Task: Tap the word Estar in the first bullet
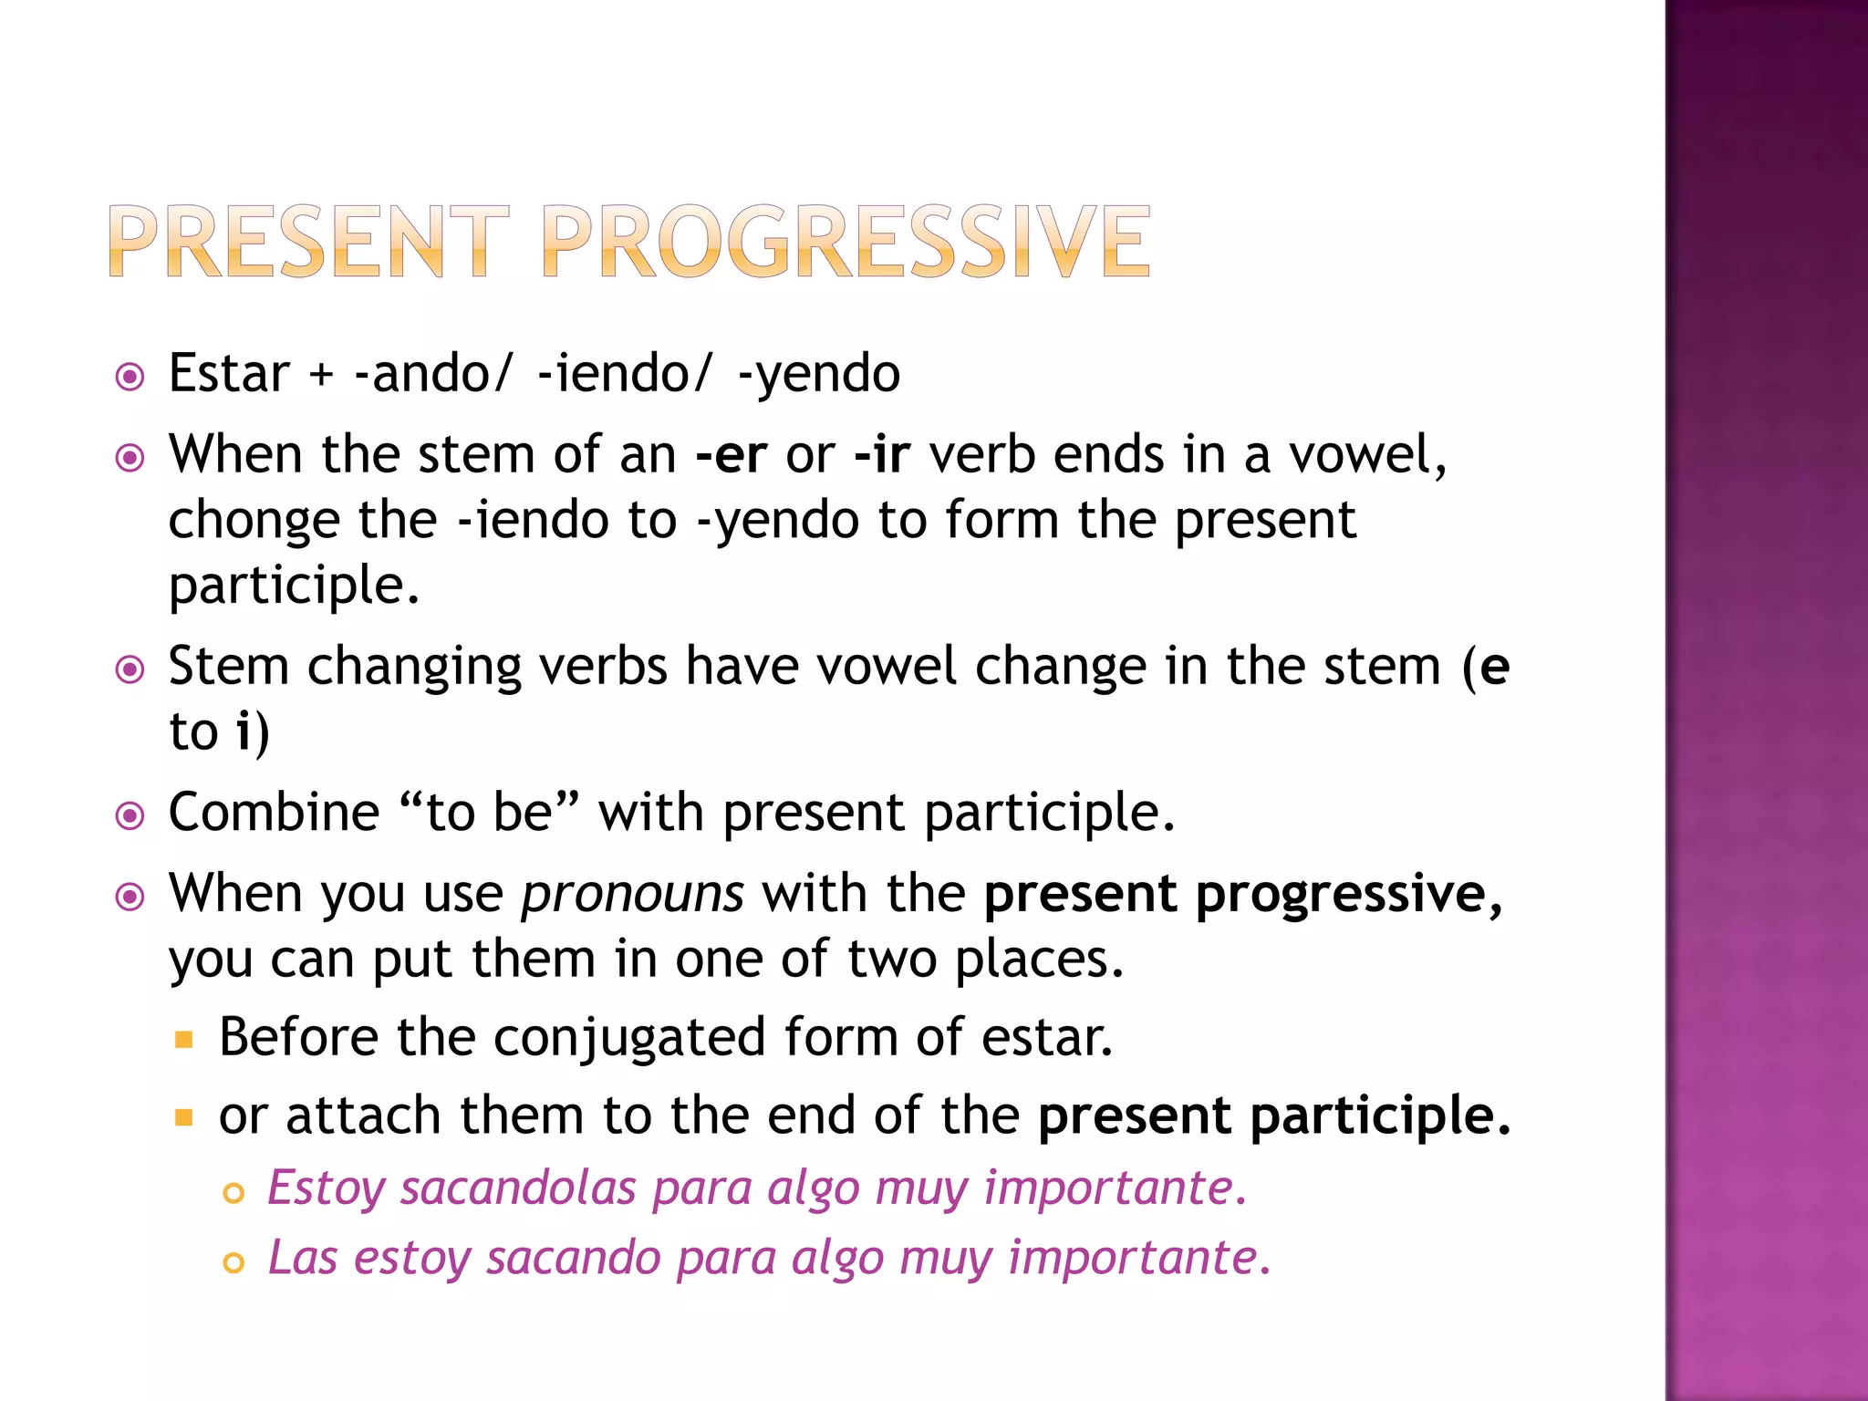229,374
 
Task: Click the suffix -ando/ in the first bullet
434,374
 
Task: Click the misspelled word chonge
254,522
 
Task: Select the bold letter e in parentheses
1494,667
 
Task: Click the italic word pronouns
632,894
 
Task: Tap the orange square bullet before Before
184,1039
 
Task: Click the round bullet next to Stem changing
130,670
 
